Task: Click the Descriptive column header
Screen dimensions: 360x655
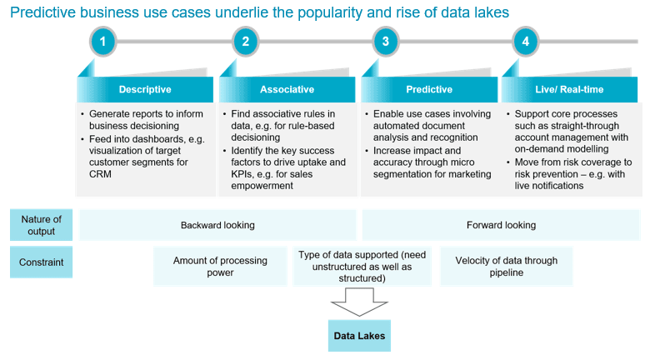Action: click(145, 90)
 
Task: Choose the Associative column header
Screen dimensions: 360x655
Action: click(287, 90)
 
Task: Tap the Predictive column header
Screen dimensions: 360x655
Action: click(428, 90)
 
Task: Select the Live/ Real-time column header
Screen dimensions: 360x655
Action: click(569, 90)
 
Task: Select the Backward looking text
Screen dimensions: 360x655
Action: click(217, 225)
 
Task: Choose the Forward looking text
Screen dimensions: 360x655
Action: click(501, 225)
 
